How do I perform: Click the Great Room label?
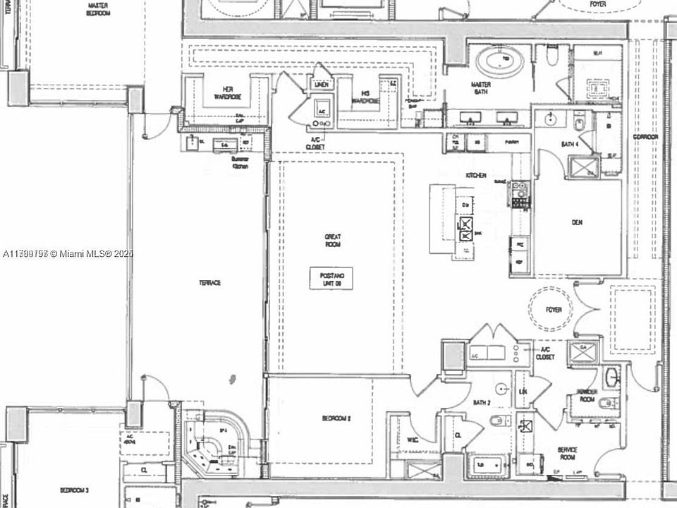coord(332,240)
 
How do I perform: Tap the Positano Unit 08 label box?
coord(331,277)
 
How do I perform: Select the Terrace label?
coord(209,283)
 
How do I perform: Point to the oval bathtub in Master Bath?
coord(500,61)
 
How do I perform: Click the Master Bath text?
coord(482,87)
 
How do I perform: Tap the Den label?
coord(578,222)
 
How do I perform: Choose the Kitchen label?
coord(476,175)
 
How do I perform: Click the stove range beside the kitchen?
coord(519,194)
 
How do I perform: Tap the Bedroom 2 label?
coord(336,418)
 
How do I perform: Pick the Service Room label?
coord(568,453)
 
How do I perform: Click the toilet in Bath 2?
coord(496,422)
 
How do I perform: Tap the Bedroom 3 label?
coord(73,490)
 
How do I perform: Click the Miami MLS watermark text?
coord(67,253)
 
